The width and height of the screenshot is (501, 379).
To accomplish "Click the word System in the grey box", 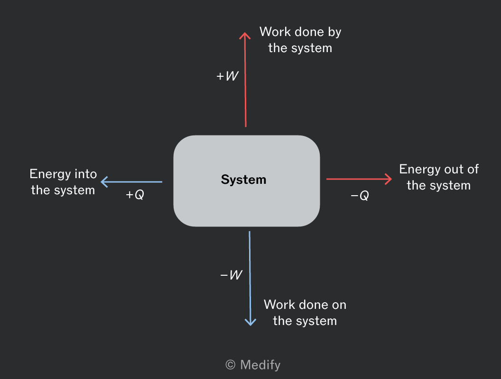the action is (243, 180).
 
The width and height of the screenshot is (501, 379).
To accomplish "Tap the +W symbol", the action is (227, 76).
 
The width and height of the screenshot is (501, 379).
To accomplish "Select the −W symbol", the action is (232, 275).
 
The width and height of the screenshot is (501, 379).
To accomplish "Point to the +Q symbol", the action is (135, 194).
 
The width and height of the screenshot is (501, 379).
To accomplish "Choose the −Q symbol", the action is (360, 195).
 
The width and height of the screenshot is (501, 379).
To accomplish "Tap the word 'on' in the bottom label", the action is (339, 305).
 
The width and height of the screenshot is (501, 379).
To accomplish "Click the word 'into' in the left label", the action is (85, 174).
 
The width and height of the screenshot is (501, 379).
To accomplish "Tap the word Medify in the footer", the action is (260, 365).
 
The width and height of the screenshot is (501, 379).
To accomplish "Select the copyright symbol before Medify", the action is (231, 365).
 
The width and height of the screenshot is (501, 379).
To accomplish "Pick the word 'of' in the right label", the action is (473, 169).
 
